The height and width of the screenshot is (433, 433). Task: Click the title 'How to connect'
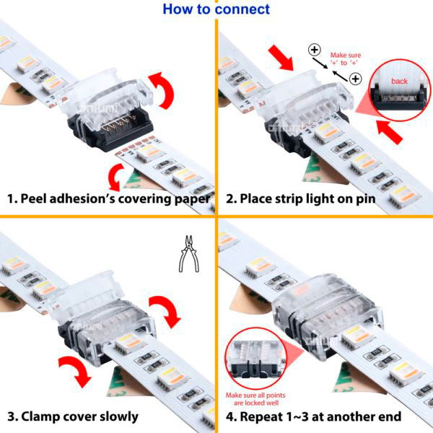point(216,9)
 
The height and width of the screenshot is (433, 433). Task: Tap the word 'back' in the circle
point(399,82)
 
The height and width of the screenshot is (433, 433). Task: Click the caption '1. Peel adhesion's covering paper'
point(109,198)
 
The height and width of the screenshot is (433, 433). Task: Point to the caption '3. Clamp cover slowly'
point(73,416)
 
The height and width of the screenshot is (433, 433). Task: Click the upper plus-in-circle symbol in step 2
point(314,50)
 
